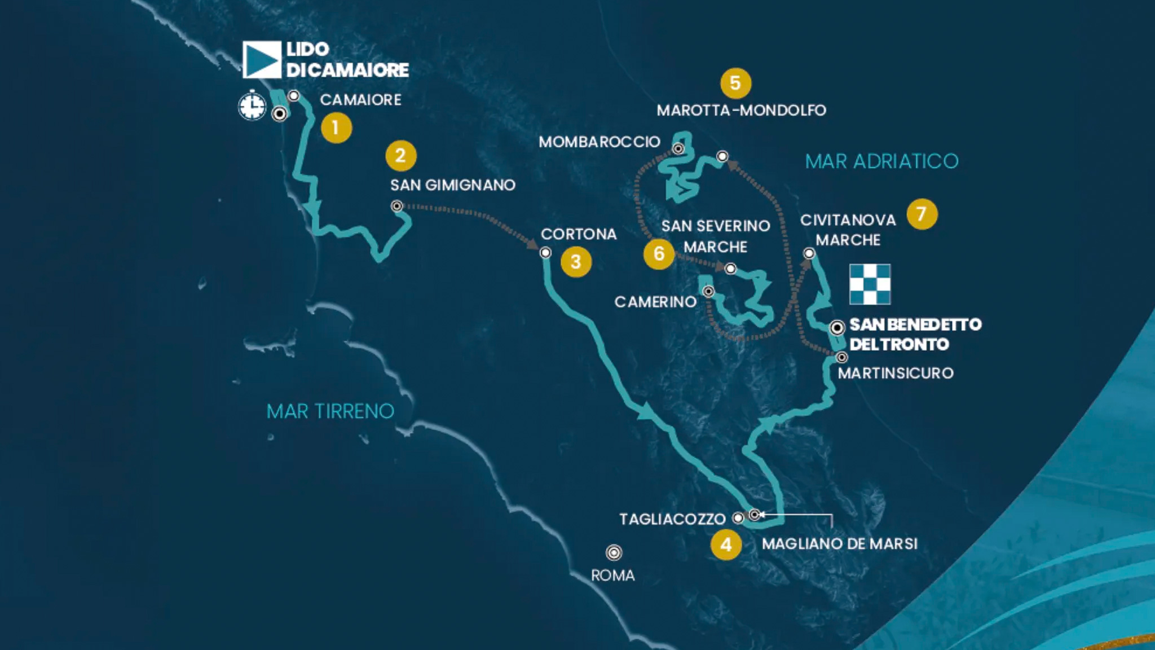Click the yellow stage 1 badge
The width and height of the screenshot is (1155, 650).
click(336, 128)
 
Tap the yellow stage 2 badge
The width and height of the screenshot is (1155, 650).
click(401, 156)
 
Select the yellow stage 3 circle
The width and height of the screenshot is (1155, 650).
click(576, 262)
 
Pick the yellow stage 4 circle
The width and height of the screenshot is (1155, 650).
click(726, 544)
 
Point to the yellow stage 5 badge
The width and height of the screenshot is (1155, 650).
click(735, 84)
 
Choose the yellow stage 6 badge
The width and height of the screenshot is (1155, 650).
click(659, 254)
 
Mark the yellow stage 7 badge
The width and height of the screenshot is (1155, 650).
click(922, 214)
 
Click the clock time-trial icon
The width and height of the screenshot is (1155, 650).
click(252, 106)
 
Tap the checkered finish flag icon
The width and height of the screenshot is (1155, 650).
click(870, 284)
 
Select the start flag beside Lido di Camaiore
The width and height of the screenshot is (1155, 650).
click(262, 60)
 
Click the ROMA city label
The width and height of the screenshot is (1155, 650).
click(612, 576)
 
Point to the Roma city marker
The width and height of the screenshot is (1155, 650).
click(614, 552)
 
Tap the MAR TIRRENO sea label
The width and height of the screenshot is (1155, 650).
click(330, 411)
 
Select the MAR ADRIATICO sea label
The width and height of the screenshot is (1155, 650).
click(881, 161)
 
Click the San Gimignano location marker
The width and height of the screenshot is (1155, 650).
click(397, 207)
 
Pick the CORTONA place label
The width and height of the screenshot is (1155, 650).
click(579, 234)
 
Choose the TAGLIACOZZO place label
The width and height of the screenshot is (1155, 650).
click(672, 519)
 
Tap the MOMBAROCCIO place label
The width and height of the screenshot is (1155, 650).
click(599, 142)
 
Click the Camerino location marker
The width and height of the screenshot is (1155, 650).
click(708, 291)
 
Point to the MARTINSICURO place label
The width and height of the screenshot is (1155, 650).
click(896, 373)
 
